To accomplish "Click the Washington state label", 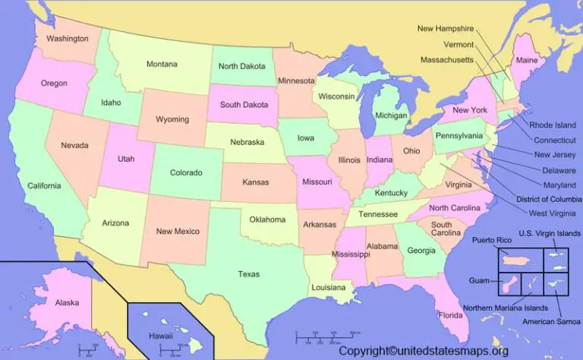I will point(67,38).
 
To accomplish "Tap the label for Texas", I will point(248,274).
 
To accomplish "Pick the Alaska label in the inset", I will point(67,302).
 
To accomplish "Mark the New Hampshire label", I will point(446,28).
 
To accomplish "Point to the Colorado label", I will point(185,172).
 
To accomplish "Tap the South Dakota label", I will point(244,104).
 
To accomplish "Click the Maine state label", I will point(526,60).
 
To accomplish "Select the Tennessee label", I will point(378,214).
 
